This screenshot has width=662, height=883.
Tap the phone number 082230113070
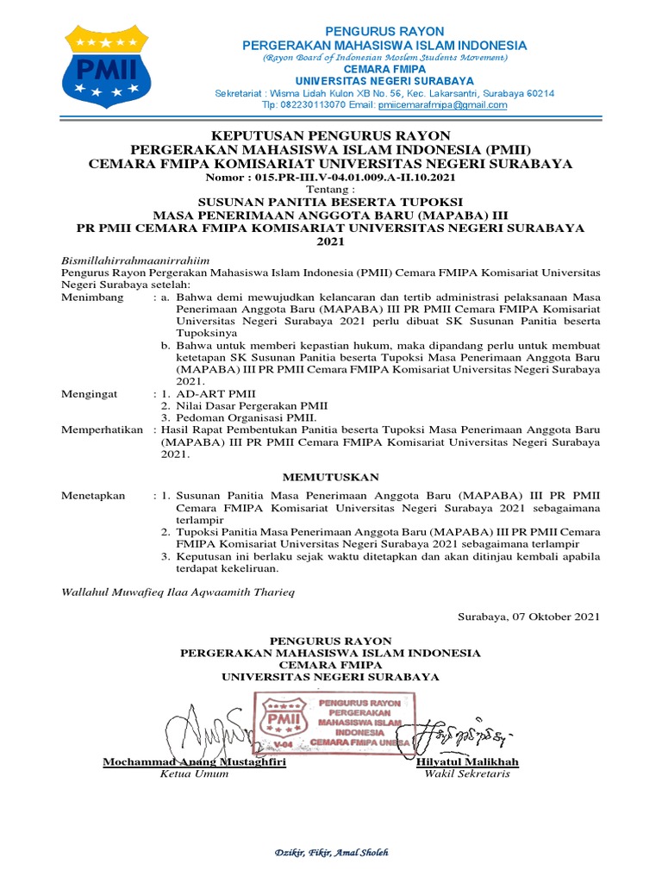(x=310, y=105)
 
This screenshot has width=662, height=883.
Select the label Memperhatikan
(x=102, y=429)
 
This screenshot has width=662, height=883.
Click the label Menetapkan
(x=93, y=496)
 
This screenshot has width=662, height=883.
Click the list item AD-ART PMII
(x=210, y=393)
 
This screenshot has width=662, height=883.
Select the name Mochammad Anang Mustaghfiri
(x=195, y=762)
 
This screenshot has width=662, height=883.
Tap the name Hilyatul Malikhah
(x=467, y=762)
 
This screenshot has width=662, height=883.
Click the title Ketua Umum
(x=195, y=774)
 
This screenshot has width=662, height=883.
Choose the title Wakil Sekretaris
(x=467, y=774)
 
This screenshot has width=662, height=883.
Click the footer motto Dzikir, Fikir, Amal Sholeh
(x=331, y=853)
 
